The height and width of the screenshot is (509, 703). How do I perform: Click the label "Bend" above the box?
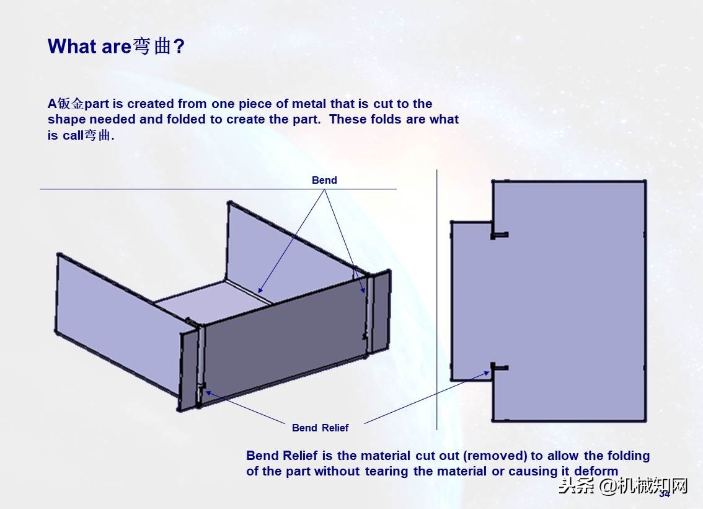tap(324, 180)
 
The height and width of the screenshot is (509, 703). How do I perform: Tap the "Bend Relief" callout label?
tap(320, 428)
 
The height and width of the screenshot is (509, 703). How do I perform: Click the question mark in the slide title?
tap(179, 46)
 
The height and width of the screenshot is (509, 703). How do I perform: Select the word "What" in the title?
tap(72, 46)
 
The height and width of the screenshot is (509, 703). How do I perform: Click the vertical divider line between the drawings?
tap(436, 299)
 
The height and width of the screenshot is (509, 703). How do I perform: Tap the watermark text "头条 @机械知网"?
tap(623, 485)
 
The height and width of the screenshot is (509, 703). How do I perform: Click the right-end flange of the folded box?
tap(379, 312)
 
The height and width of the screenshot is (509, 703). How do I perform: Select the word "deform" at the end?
tap(596, 471)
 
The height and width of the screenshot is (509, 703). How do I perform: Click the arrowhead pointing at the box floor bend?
tap(260, 291)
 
